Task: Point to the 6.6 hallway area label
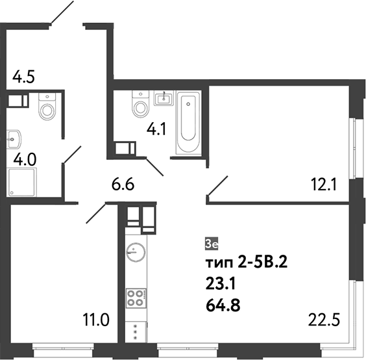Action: (x=123, y=185)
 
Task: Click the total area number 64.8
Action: (x=222, y=303)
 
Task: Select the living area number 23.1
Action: (x=219, y=283)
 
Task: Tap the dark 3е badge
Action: (x=212, y=244)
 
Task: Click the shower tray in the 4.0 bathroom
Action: (x=23, y=183)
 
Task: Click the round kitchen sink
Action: (x=136, y=252)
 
